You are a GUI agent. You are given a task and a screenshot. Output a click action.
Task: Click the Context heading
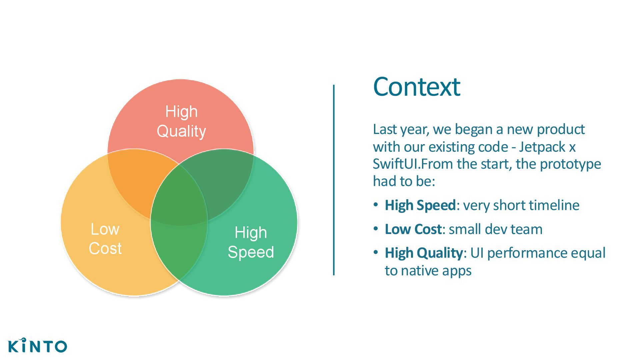[416, 87]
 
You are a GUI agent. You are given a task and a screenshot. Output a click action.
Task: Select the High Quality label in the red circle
[181, 121]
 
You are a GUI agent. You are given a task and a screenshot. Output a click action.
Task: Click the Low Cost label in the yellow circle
[105, 239]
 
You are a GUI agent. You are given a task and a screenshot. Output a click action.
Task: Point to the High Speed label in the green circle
[251, 242]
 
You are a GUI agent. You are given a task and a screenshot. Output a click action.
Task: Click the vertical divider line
[334, 180]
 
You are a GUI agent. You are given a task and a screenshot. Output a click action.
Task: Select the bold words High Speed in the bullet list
[420, 205]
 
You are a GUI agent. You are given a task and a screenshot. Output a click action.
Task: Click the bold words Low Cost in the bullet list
[413, 229]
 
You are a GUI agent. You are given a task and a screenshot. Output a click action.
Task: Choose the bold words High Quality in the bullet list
[423, 253]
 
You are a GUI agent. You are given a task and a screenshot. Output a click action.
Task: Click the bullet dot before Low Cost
[376, 229]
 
